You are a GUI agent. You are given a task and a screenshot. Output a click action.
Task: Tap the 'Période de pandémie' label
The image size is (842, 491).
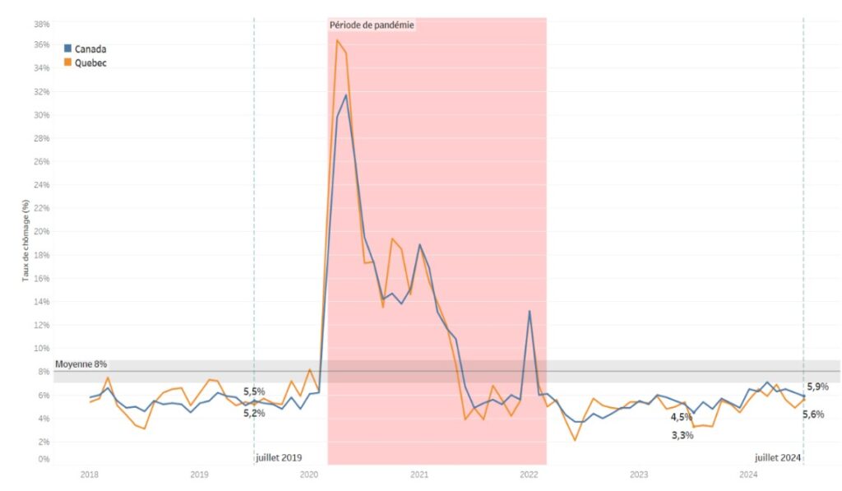(372, 25)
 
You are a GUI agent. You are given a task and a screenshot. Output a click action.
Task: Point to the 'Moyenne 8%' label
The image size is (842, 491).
(81, 364)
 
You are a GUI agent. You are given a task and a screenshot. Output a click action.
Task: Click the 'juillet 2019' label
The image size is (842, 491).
(279, 457)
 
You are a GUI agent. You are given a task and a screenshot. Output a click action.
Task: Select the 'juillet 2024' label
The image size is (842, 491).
(778, 457)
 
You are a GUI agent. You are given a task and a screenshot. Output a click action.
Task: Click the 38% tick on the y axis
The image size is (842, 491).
(41, 23)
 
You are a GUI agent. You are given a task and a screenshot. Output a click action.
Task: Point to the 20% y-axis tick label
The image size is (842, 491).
(41, 232)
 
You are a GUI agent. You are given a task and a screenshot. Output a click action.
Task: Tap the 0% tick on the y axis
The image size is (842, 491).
(44, 459)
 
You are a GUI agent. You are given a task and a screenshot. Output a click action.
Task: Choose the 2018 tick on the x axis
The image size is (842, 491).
(90, 475)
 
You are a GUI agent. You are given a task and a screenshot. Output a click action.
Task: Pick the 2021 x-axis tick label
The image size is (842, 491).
(419, 475)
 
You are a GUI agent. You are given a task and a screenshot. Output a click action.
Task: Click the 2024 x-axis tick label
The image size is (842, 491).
(749, 475)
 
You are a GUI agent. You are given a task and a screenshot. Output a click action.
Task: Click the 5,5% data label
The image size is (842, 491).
(254, 391)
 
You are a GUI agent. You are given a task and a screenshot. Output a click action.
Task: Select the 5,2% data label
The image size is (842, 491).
(254, 413)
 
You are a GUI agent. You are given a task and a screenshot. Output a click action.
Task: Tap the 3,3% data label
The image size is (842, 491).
(682, 435)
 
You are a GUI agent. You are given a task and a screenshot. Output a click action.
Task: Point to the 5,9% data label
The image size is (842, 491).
(817, 387)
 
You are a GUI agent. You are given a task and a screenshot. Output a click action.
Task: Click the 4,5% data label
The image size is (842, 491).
(681, 417)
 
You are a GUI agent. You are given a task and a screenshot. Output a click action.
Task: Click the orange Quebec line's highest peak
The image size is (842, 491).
(337, 39)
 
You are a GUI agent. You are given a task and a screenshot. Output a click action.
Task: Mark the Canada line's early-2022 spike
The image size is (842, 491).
(530, 311)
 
